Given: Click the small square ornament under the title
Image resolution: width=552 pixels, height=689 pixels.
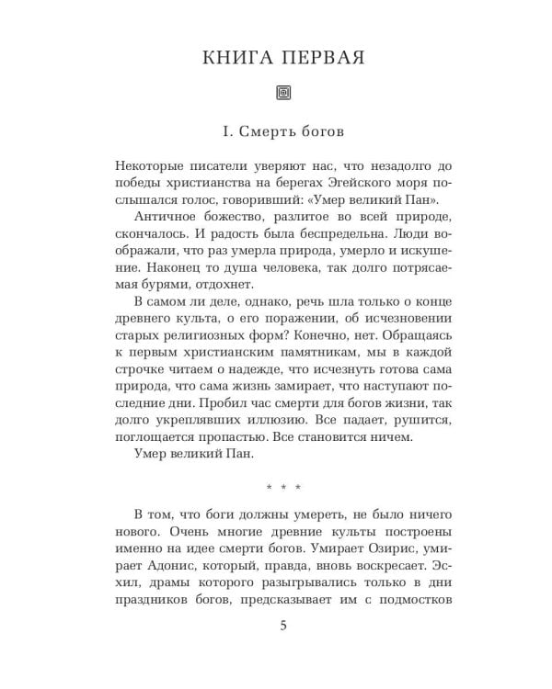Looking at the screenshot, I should [282, 92].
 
